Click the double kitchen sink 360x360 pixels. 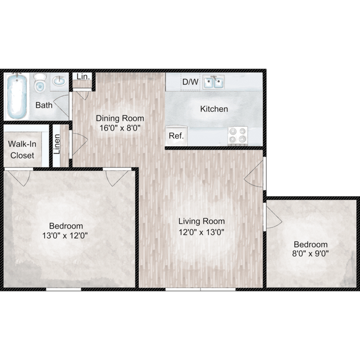coord(213,83)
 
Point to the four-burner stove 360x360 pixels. coord(238,135)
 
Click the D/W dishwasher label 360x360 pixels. coord(190,82)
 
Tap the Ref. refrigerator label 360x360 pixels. coord(176,136)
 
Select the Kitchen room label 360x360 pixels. coord(214,109)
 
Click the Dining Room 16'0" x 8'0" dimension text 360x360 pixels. coord(120,128)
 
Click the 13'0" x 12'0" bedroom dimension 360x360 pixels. coord(66,235)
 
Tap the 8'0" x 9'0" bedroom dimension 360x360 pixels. coord(310,254)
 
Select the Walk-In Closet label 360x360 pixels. coord(22,150)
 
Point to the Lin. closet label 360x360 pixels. coord(83,76)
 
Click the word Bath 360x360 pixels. coord(44,105)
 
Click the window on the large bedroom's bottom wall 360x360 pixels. coord(63,289)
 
